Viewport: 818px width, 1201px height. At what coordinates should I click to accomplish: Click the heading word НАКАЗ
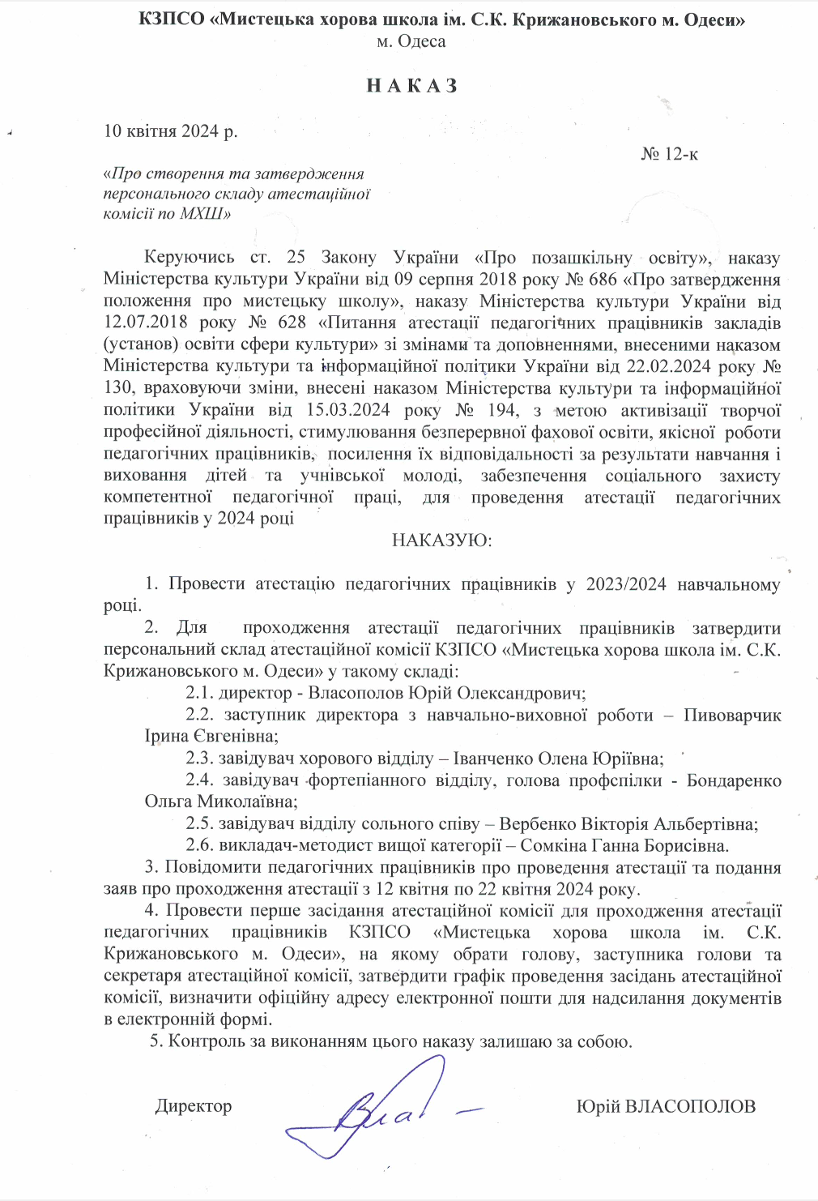point(412,86)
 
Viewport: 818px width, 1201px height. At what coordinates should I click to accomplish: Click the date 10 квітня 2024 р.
point(171,131)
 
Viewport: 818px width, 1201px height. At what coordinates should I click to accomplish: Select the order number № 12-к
point(669,154)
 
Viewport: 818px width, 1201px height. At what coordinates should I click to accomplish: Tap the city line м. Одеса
point(411,41)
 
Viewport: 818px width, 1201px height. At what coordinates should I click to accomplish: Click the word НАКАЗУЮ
point(441,540)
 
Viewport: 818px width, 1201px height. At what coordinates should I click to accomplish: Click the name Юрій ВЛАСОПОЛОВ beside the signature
point(666,1106)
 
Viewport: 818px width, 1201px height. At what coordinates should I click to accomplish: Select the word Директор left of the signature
point(194,1106)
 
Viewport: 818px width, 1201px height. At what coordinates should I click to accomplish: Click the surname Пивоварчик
point(732,715)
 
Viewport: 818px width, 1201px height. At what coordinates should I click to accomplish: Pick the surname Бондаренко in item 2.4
point(734,780)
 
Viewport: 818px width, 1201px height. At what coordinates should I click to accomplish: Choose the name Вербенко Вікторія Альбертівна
point(628,824)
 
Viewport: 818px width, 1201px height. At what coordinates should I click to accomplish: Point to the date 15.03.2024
point(348,410)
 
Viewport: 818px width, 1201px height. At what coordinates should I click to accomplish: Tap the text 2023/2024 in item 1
point(626,584)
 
